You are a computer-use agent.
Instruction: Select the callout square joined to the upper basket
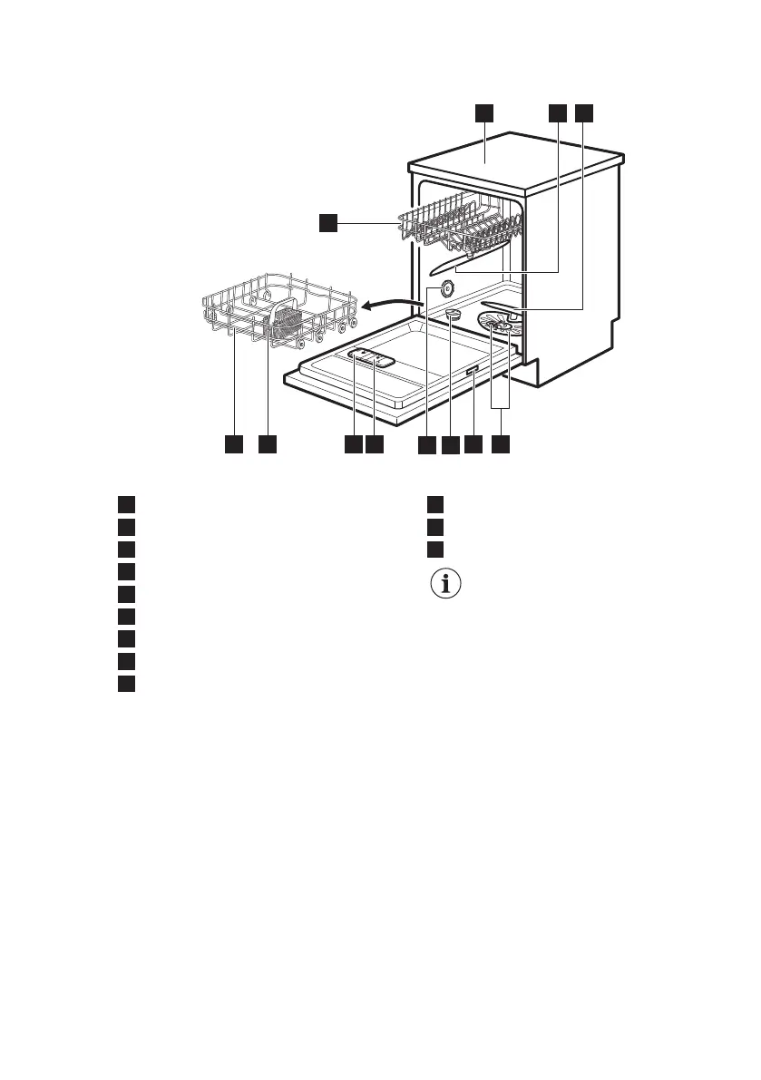click(x=327, y=222)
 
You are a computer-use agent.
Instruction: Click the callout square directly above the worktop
click(x=483, y=112)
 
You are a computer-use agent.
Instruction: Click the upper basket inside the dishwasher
click(x=458, y=227)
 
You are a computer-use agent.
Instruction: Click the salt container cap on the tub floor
click(x=454, y=313)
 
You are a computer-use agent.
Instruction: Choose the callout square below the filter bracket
click(x=502, y=445)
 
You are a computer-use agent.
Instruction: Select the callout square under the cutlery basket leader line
click(x=267, y=445)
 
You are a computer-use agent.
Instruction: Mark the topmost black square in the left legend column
click(x=126, y=504)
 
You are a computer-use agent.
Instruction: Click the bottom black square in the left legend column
click(x=126, y=683)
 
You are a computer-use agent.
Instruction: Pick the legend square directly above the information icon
click(x=435, y=550)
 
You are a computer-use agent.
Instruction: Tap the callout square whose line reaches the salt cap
click(x=451, y=445)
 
